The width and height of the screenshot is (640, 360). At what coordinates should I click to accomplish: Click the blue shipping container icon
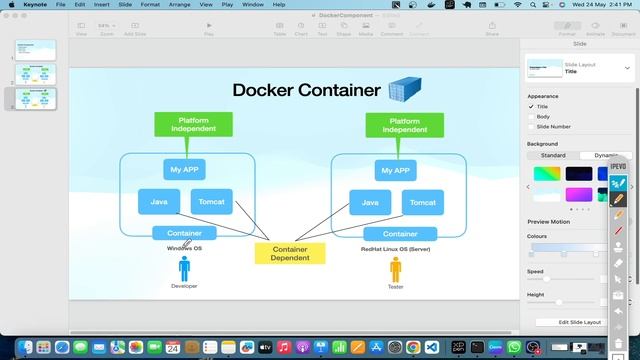point(405,89)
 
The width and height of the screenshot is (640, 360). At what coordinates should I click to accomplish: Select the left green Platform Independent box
point(193,124)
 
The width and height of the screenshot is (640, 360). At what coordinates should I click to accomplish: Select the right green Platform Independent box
point(405,124)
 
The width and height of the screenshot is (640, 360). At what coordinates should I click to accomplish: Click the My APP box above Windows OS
point(184,169)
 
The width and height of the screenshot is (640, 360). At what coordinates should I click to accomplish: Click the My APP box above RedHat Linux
point(395,169)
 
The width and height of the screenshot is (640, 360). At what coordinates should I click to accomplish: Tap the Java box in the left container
point(159,201)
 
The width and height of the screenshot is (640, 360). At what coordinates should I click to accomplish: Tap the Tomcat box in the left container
point(211,201)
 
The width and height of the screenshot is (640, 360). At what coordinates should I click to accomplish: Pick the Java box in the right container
point(370,201)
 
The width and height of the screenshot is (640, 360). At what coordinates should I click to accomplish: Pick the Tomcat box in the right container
point(422,201)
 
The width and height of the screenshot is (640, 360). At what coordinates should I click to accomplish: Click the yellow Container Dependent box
point(290,253)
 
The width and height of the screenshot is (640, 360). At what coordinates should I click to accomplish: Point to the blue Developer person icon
point(184,269)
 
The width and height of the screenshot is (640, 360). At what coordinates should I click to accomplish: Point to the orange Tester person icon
point(395,269)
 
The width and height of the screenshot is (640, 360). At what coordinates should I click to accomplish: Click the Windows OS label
point(184,248)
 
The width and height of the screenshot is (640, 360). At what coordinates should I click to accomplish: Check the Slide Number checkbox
point(531,127)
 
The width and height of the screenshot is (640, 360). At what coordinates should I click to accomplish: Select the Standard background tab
point(553,155)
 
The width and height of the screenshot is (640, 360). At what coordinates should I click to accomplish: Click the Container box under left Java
point(184,234)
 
